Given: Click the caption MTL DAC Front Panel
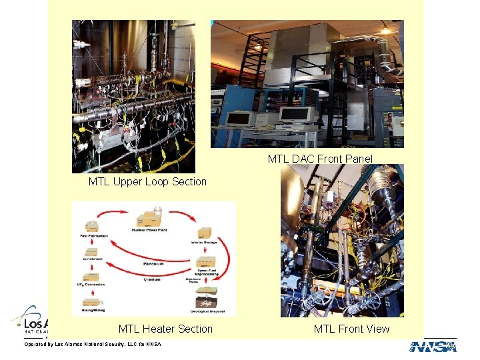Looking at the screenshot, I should point(320,159).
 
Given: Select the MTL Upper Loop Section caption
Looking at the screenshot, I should point(147,181).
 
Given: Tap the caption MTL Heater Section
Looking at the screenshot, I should point(165,329).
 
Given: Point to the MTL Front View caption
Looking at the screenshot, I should point(351,329).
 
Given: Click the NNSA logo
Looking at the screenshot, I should point(433,347).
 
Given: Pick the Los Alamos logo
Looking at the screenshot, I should point(30,321).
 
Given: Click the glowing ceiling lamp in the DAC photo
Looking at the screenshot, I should point(385,31).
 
